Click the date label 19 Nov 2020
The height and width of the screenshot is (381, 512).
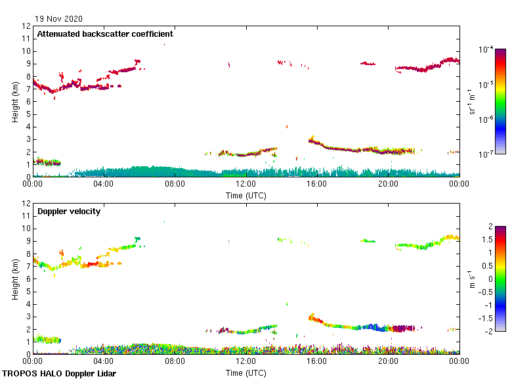(59, 18)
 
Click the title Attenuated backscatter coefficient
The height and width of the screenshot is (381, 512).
(105, 34)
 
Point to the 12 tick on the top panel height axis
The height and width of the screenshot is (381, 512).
(27, 26)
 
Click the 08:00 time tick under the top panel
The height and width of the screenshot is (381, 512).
(175, 184)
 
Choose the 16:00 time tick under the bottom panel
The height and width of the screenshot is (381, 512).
(317, 361)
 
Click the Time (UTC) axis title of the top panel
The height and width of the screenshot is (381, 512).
(245, 195)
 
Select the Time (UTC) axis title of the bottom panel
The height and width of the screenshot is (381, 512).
(245, 372)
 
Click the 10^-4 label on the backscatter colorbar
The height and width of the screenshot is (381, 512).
(486, 49)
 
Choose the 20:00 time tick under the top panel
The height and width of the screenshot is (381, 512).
(388, 184)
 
